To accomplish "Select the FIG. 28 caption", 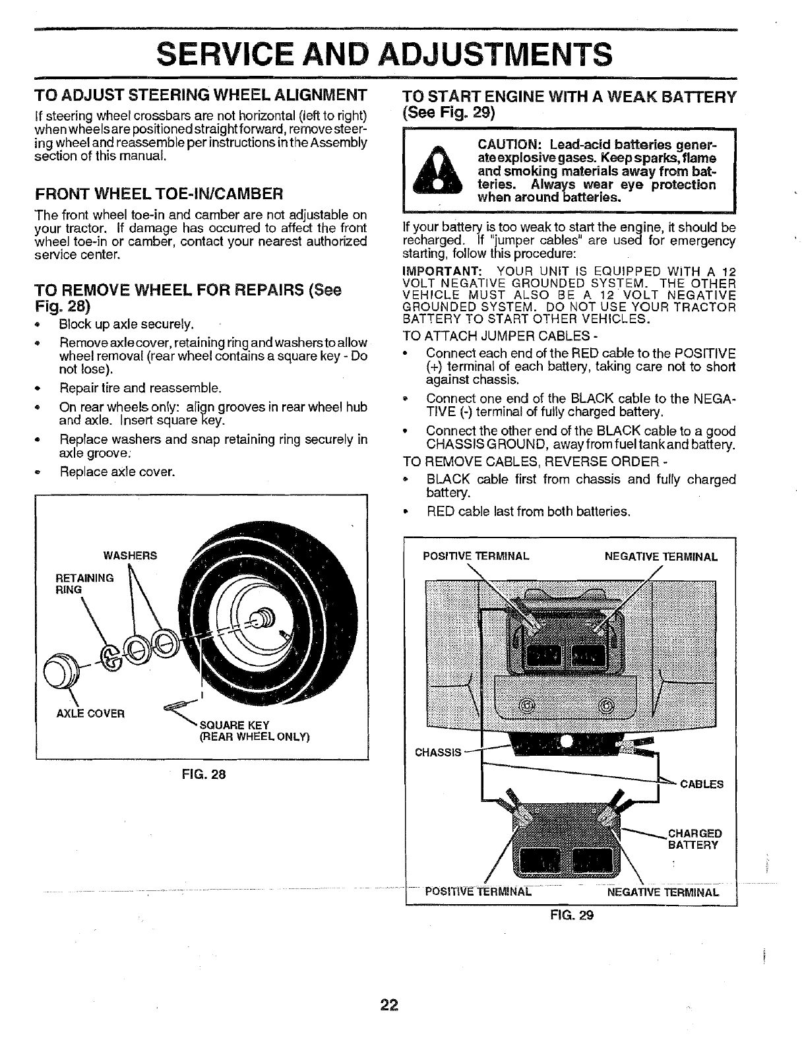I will pyautogui.click(x=207, y=775).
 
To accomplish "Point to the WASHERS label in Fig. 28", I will pyautogui.click(x=130, y=555).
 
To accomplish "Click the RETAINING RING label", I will pyautogui.click(x=84, y=584).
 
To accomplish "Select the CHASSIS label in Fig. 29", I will pyautogui.click(x=436, y=752).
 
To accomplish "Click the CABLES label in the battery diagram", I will pyautogui.click(x=702, y=784).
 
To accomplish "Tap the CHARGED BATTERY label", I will pyautogui.click(x=695, y=839).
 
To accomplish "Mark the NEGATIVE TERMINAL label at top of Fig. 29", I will pyautogui.click(x=661, y=557).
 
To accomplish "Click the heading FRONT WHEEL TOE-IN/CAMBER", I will pyautogui.click(x=159, y=193).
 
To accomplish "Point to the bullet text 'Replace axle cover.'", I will pyautogui.click(x=117, y=472).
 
